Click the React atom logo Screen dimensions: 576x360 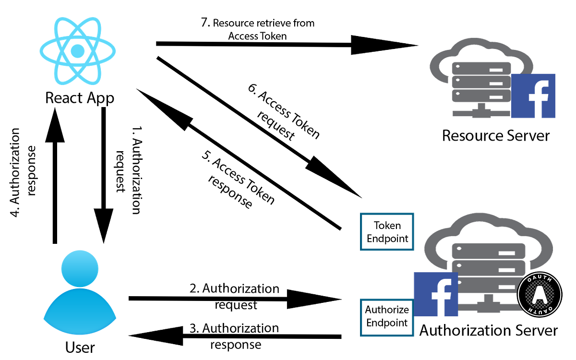[77, 50]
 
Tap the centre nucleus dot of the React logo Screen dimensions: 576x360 [77, 50]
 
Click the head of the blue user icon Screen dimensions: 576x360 [80, 268]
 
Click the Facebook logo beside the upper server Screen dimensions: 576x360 [534, 96]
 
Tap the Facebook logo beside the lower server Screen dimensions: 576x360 [435, 294]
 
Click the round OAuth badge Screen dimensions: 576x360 [540, 294]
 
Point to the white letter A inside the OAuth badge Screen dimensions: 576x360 [540, 294]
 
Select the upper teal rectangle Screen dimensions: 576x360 [387, 231]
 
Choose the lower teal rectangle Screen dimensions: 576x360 [387, 317]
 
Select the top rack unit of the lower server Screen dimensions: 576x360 [488, 250]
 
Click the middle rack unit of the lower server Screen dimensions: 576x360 [488, 265]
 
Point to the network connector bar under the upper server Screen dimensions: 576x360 [480, 114]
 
